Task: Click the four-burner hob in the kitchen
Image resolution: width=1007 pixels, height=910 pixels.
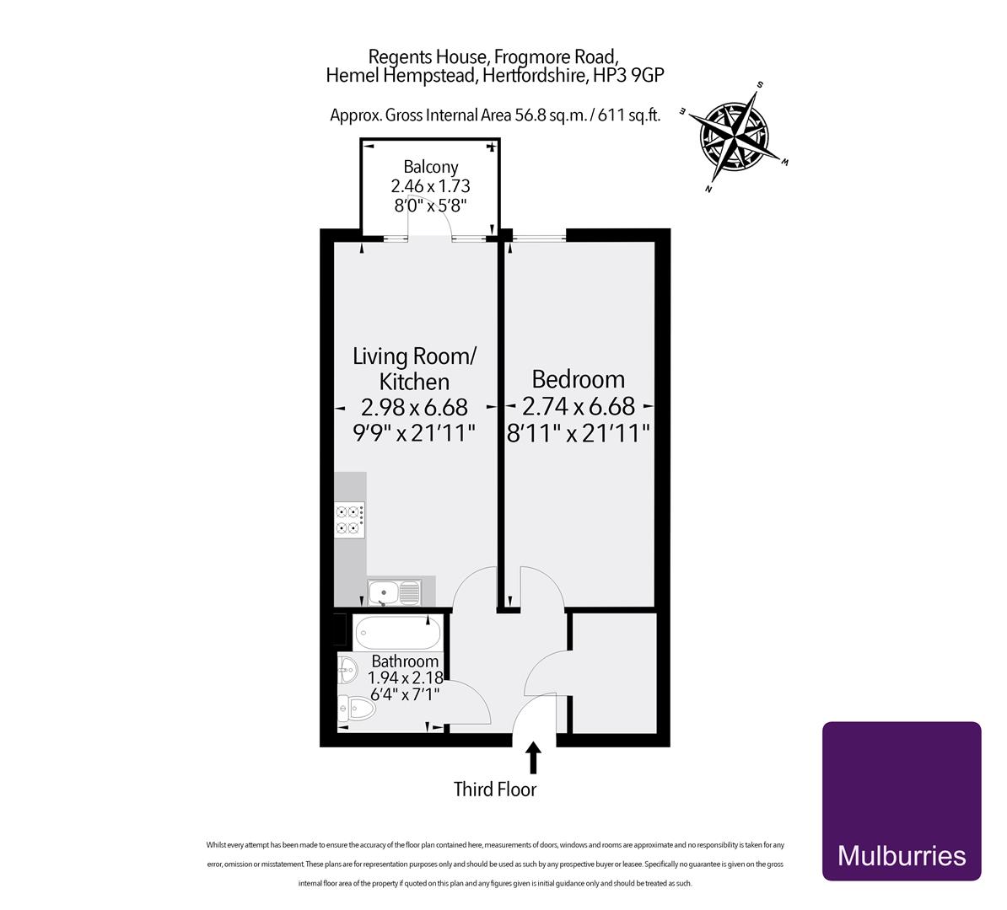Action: pyautogui.click(x=350, y=519)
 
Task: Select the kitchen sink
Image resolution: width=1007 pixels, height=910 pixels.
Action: pyautogui.click(x=394, y=593)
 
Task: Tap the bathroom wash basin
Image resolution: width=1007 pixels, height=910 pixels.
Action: pyautogui.click(x=347, y=672)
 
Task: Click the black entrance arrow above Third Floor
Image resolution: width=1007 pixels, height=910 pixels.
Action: pyautogui.click(x=532, y=756)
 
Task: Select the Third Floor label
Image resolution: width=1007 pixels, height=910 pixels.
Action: pyautogui.click(x=495, y=790)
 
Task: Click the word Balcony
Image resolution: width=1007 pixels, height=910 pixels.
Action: pyautogui.click(x=430, y=167)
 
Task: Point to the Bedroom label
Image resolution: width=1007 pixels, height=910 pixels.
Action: pyautogui.click(x=578, y=379)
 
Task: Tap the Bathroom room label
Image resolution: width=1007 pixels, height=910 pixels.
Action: pyautogui.click(x=405, y=662)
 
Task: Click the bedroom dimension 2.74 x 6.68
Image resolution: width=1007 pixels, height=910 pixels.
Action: pyautogui.click(x=579, y=407)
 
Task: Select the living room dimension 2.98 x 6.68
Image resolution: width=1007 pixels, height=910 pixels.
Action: pyautogui.click(x=413, y=408)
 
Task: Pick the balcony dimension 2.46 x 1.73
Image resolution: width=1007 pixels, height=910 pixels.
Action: pyautogui.click(x=430, y=186)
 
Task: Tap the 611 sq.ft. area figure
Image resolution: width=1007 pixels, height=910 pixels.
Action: pyautogui.click(x=628, y=115)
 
